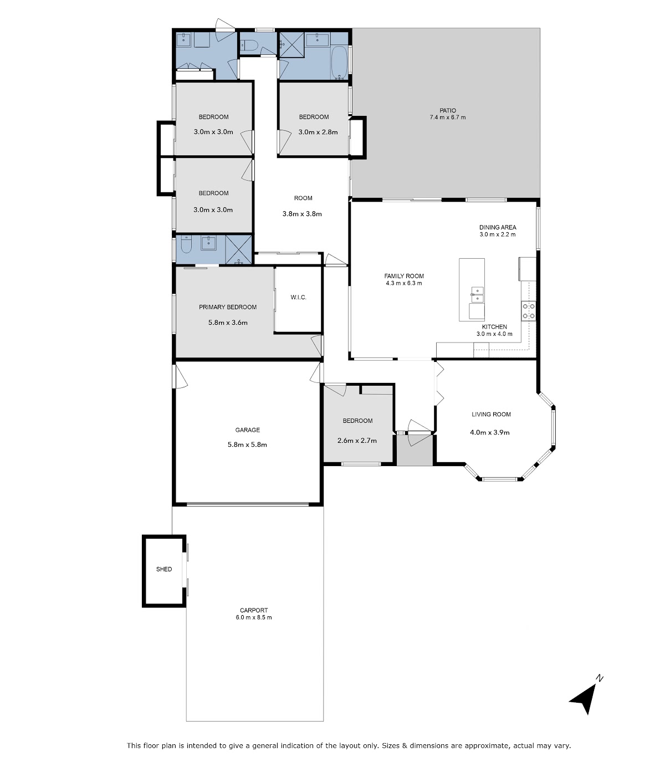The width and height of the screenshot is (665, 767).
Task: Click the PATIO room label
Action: (448, 110)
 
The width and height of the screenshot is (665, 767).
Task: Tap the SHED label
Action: (164, 569)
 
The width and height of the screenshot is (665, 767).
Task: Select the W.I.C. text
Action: (298, 297)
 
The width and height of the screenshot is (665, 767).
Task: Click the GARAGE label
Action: (248, 429)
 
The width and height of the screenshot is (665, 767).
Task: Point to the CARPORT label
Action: (254, 610)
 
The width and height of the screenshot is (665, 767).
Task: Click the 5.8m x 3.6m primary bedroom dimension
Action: (228, 323)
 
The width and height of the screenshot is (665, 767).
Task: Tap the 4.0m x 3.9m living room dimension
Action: (490, 432)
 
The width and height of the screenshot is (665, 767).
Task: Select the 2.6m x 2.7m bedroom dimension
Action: (357, 441)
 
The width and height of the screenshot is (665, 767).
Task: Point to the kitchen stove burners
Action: (529, 311)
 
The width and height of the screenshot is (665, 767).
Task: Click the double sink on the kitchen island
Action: (477, 295)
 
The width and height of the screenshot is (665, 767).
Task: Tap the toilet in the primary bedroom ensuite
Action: (186, 245)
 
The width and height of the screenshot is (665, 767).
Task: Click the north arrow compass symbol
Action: (584, 699)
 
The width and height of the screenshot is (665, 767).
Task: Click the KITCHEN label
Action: (494, 326)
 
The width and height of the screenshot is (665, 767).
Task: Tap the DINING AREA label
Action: (498, 227)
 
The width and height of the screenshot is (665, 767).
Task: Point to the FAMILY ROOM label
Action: (404, 275)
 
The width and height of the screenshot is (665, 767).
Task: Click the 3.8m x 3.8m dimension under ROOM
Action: (302, 214)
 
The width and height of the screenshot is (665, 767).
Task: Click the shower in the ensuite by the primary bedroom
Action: (239, 250)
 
